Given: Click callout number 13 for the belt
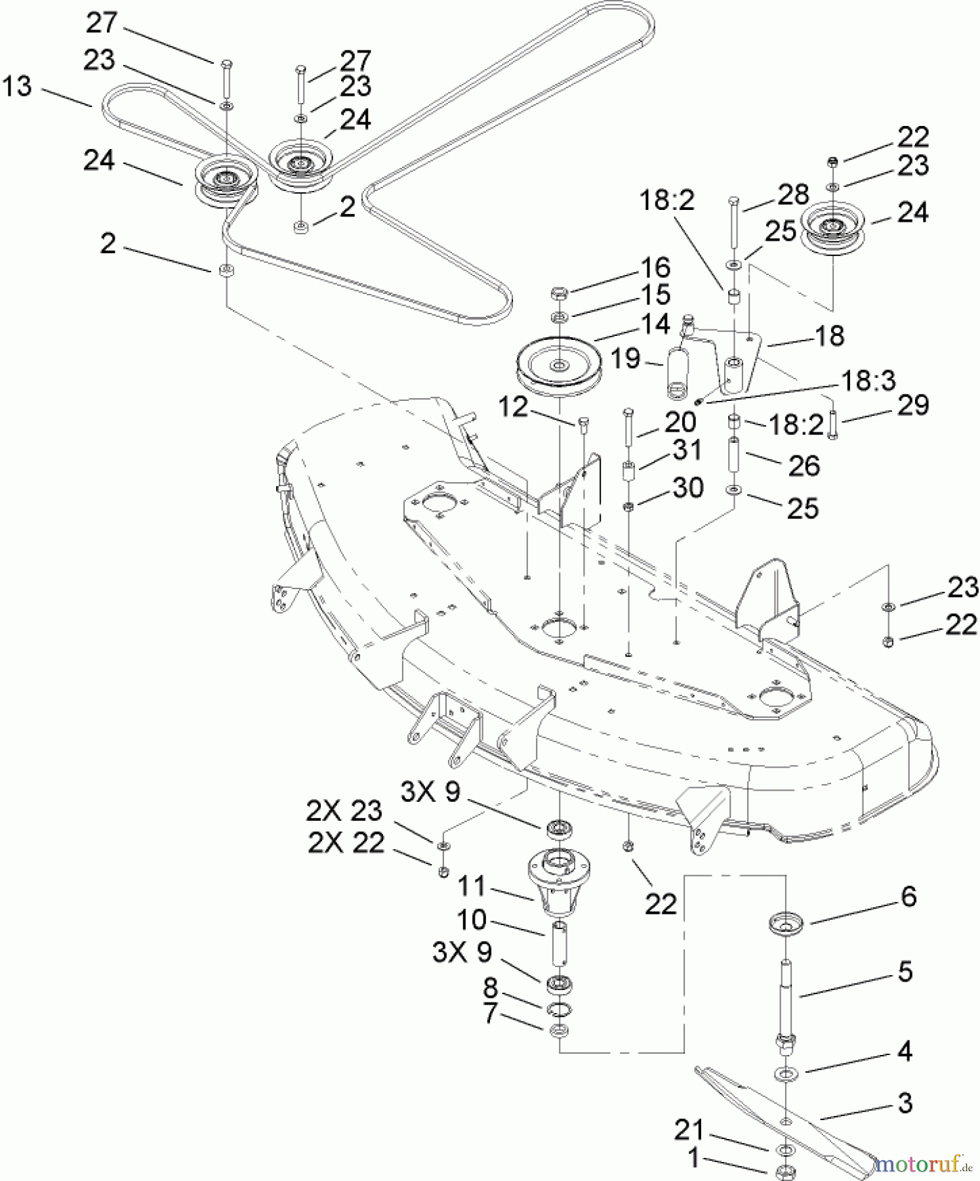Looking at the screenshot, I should (17, 87).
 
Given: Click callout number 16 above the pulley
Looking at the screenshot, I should (654, 268).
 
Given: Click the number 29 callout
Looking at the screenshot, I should (912, 405).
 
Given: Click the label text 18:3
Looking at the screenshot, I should (869, 380).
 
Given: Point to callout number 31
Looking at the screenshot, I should (687, 450).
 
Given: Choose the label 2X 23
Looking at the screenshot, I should (344, 812).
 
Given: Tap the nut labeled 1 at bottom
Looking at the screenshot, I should (781, 1172).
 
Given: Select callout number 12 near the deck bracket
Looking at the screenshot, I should (512, 407).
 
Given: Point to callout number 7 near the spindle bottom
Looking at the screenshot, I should (489, 1014).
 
